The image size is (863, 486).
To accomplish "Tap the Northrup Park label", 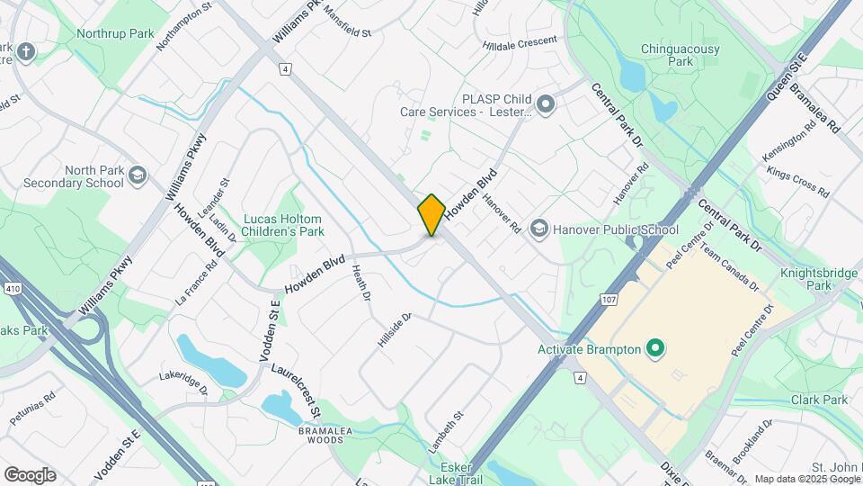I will [116, 33].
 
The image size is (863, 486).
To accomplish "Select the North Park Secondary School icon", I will [138, 172].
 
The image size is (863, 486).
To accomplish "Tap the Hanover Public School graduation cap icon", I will [538, 229].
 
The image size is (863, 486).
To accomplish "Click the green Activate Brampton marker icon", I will [655, 348].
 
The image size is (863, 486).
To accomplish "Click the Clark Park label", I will [820, 400].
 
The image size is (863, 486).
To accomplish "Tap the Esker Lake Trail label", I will [462, 473].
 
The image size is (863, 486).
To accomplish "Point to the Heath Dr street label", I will [361, 289].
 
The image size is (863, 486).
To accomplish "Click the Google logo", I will [30, 475].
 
